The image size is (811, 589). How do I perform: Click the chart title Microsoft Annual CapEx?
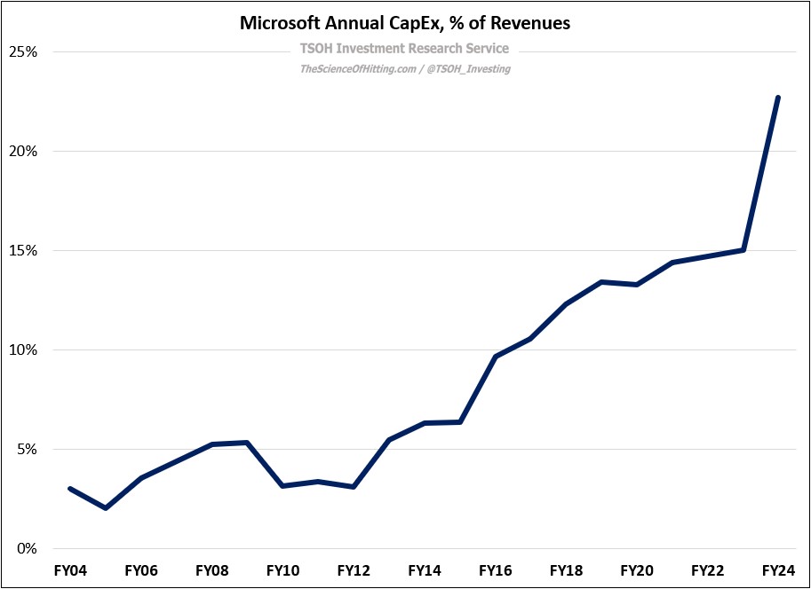(405, 24)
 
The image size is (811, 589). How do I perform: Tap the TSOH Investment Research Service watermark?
(405, 49)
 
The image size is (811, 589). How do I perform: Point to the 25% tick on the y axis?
(22, 52)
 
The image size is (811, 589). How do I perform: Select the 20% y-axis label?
(22, 152)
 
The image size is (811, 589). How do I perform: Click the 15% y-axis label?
(22, 251)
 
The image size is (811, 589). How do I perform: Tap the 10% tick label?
(22, 350)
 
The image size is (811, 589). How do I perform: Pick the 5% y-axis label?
(25, 450)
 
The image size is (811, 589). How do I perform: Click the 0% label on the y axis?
(25, 549)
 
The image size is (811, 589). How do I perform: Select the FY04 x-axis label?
(70, 570)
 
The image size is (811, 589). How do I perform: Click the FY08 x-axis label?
(211, 570)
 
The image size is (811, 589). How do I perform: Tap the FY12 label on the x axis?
(354, 570)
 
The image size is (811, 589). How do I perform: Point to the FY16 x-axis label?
(496, 570)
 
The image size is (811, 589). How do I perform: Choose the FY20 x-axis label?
(637, 570)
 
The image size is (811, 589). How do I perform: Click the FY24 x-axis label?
(779, 570)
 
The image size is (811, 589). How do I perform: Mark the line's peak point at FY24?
(778, 98)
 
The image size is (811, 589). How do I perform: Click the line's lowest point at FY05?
(106, 508)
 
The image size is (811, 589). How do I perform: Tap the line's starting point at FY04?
(70, 489)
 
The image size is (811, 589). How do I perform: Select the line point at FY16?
(496, 357)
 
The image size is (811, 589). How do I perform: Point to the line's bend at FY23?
(743, 250)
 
